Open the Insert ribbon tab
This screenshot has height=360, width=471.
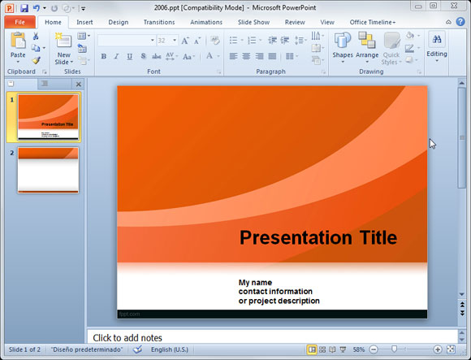point(84,22)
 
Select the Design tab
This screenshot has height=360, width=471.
point(119,22)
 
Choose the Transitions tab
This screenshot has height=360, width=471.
point(159,22)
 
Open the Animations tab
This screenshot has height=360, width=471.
point(205,22)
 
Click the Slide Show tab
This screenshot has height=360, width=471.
point(253,22)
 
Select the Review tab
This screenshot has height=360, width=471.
point(295,22)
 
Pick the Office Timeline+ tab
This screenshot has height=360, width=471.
point(373,22)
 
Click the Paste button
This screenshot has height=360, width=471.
point(18,48)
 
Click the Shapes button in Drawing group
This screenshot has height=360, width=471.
point(343,47)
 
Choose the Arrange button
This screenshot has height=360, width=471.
point(367,47)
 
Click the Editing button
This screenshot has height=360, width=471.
point(437,46)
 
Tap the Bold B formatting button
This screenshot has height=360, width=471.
point(104,56)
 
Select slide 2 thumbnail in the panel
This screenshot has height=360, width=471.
point(49,170)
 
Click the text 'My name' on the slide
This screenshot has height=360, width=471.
point(255,283)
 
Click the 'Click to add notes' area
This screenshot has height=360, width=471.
point(127,337)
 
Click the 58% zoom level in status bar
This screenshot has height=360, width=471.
point(359,349)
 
